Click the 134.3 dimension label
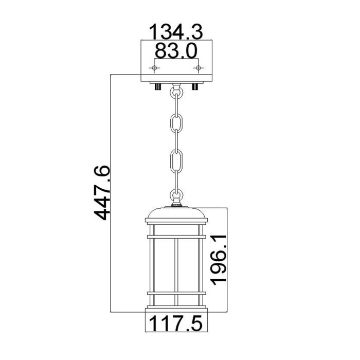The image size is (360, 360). pyautogui.click(x=176, y=32)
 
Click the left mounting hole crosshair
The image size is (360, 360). pyautogui.click(x=156, y=68)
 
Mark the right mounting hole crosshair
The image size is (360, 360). pyautogui.click(x=197, y=68)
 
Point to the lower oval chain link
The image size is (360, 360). pyautogui.click(x=176, y=163)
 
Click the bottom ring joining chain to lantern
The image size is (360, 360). pyautogui.click(x=176, y=195)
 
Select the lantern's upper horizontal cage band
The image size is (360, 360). pyautogui.click(x=176, y=237)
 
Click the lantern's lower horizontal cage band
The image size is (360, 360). pyautogui.click(x=176, y=294)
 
